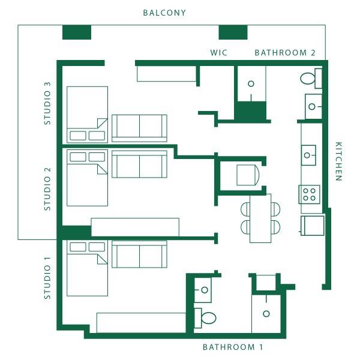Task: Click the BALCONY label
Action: point(164,13)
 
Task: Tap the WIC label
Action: point(219,53)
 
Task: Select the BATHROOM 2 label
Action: point(285,53)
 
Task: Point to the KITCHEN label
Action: point(339,161)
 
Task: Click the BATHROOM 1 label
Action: point(233,347)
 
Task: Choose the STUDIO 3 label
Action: point(47,103)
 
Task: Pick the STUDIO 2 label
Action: point(47,189)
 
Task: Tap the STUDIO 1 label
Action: point(47,278)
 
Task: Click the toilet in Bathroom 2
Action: point(311,78)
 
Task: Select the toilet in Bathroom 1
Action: point(205,318)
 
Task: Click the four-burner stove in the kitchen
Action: point(309,194)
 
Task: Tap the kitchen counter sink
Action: point(308,155)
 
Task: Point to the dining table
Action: point(260,218)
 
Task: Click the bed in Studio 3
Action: point(87,115)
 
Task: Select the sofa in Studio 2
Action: point(139,164)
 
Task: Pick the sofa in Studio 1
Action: point(139,254)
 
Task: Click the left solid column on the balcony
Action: point(77,32)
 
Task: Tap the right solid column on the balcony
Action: point(233,32)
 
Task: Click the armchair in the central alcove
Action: point(248,175)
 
